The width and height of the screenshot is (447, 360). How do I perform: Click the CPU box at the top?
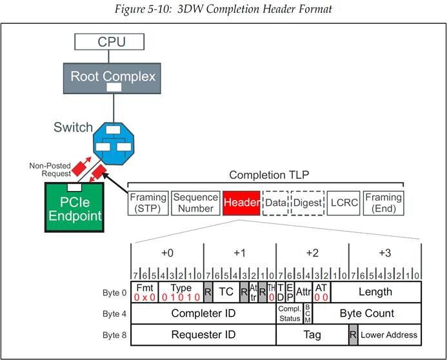[x=111, y=43]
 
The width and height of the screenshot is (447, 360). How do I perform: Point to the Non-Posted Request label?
[x=49, y=170]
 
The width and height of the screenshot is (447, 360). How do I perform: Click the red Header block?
[x=241, y=203]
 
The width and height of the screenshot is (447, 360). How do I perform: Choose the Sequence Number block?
[x=195, y=203]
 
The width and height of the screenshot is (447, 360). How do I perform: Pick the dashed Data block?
[x=275, y=203]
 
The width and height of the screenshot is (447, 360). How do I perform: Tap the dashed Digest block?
[x=308, y=203]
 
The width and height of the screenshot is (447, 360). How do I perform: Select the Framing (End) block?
[x=383, y=203]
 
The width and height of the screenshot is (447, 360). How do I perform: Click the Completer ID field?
[x=203, y=314]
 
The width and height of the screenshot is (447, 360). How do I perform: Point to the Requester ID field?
[x=203, y=335]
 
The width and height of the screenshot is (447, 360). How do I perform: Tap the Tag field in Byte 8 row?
[x=312, y=335]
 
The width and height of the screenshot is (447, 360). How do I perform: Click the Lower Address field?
[x=389, y=335]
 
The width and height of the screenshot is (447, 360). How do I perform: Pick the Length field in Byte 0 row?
[x=375, y=292]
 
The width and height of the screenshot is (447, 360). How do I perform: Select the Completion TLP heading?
[x=265, y=175]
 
